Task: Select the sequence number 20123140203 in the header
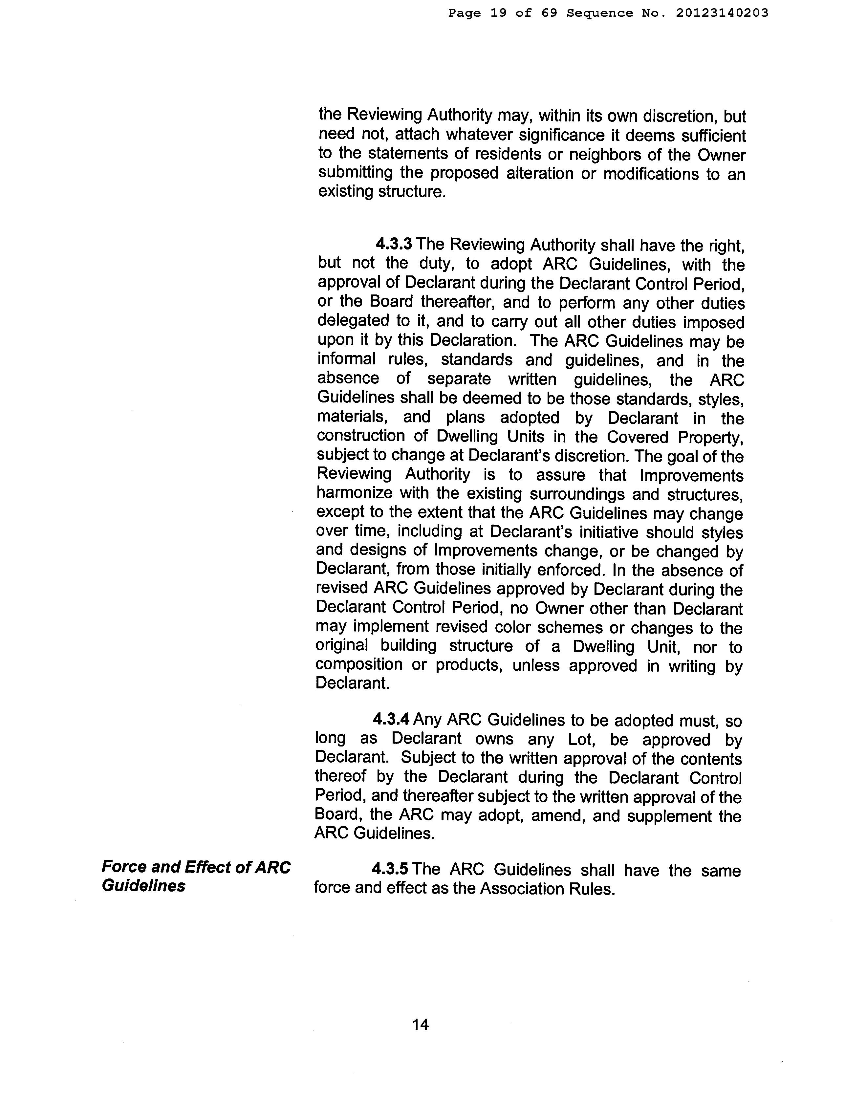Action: click(722, 13)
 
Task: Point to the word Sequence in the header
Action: click(599, 13)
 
